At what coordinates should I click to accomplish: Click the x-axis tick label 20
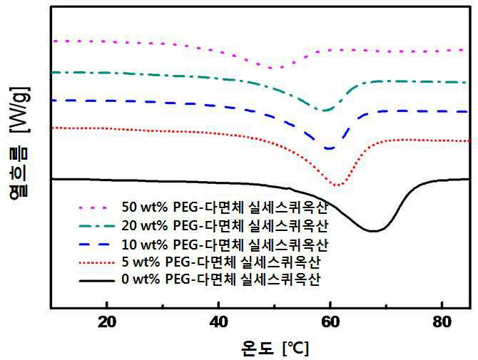pos(107,322)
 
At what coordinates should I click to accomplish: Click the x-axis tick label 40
pos(218,322)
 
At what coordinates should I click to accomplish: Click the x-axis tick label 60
pos(330,322)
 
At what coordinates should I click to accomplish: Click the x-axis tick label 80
pos(442,322)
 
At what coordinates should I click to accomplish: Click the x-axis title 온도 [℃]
pos(275,348)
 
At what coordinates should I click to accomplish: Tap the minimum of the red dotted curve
pos(336,185)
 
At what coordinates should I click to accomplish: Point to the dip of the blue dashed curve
pos(329,148)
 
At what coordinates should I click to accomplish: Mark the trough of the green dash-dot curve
pos(325,110)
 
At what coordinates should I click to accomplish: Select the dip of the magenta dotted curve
pos(270,68)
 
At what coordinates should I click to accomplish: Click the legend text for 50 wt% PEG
pos(225,207)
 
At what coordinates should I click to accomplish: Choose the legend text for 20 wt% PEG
pos(225,226)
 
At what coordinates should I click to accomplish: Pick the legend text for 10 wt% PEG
pos(225,245)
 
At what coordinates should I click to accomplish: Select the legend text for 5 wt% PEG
pos(220,262)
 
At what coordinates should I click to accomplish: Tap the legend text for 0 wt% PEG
pos(220,279)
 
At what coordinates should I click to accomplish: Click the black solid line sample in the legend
pos(97,280)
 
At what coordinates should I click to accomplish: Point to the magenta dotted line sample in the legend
pos(93,208)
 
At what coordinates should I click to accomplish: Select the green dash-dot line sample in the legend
pos(97,226)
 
